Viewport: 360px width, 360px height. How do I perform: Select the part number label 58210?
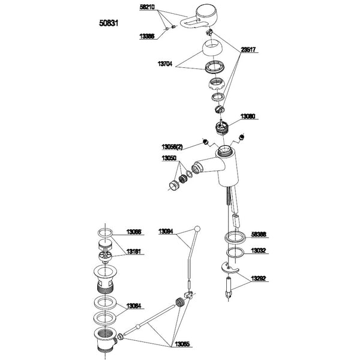pyautogui.click(x=147, y=7)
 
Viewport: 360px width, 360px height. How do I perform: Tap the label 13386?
pyautogui.click(x=147, y=36)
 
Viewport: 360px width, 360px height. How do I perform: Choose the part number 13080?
pyautogui.click(x=248, y=115)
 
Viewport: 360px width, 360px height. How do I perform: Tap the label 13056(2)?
pyautogui.click(x=172, y=146)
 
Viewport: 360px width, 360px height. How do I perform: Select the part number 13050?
pyautogui.click(x=169, y=159)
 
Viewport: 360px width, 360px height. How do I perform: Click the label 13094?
pyautogui.click(x=167, y=231)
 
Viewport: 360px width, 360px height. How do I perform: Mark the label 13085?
pyautogui.click(x=182, y=344)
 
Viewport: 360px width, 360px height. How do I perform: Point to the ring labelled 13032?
pyautogui.click(x=235, y=254)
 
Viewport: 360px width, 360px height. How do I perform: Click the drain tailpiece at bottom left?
pyautogui.click(x=104, y=341)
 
